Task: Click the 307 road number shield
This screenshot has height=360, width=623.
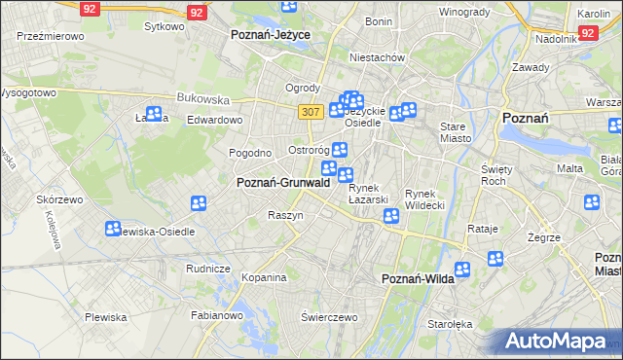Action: [311, 112]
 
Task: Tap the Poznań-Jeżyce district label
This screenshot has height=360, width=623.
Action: [270, 34]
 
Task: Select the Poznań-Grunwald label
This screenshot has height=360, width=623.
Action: [283, 182]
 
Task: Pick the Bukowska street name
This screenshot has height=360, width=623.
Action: [202, 98]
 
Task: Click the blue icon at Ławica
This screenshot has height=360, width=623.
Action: [153, 114]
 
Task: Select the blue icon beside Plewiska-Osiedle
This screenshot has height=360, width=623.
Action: [113, 229]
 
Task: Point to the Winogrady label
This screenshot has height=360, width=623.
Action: [463, 12]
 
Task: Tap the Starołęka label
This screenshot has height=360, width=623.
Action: [451, 325]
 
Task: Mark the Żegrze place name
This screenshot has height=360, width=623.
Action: [544, 236]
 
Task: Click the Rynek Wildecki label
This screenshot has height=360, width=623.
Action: [424, 198]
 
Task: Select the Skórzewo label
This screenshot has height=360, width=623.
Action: [57, 198]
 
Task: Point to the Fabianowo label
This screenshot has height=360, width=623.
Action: [215, 315]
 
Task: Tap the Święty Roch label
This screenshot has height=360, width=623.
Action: [496, 174]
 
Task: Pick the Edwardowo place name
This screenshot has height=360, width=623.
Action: [214, 120]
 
